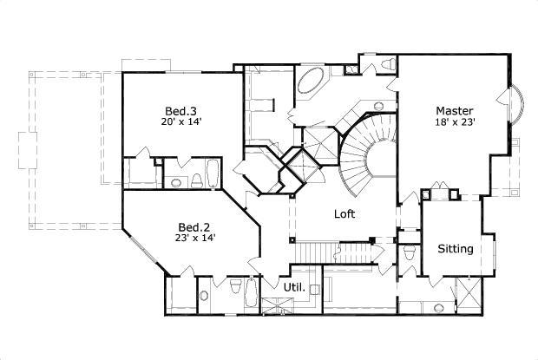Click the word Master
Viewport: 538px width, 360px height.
[x=454, y=111]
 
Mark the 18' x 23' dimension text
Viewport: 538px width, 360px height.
[x=454, y=123]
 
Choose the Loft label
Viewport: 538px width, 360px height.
[x=346, y=213]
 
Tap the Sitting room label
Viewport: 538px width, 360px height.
[x=455, y=249]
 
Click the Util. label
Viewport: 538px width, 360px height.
[x=295, y=286]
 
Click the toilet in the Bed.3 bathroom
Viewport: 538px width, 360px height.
[x=197, y=180]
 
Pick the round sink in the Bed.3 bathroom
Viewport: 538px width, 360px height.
[x=177, y=182]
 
